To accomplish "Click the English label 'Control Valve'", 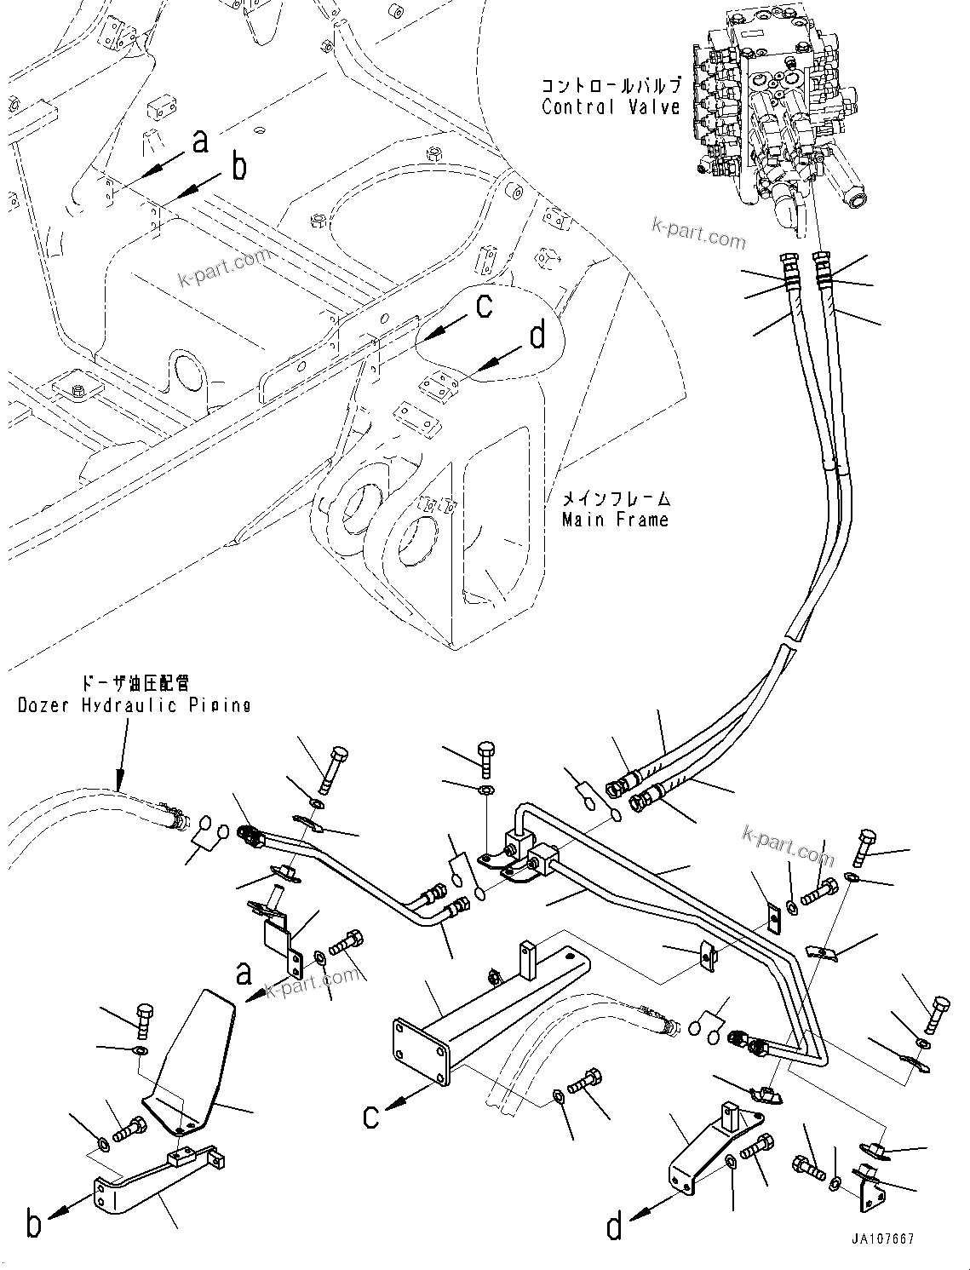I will click(611, 106).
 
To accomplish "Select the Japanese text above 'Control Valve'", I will click(611, 86).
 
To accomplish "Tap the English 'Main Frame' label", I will click(615, 519).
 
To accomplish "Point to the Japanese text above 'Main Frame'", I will click(615, 498).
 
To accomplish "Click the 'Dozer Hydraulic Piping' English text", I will click(134, 704).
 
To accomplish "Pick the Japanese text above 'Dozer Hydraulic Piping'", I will click(134, 684).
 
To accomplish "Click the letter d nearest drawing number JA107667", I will click(614, 1227).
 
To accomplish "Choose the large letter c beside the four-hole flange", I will click(371, 1115).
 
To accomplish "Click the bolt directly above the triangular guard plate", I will click(142, 1019).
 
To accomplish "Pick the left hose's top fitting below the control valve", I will click(788, 266).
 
